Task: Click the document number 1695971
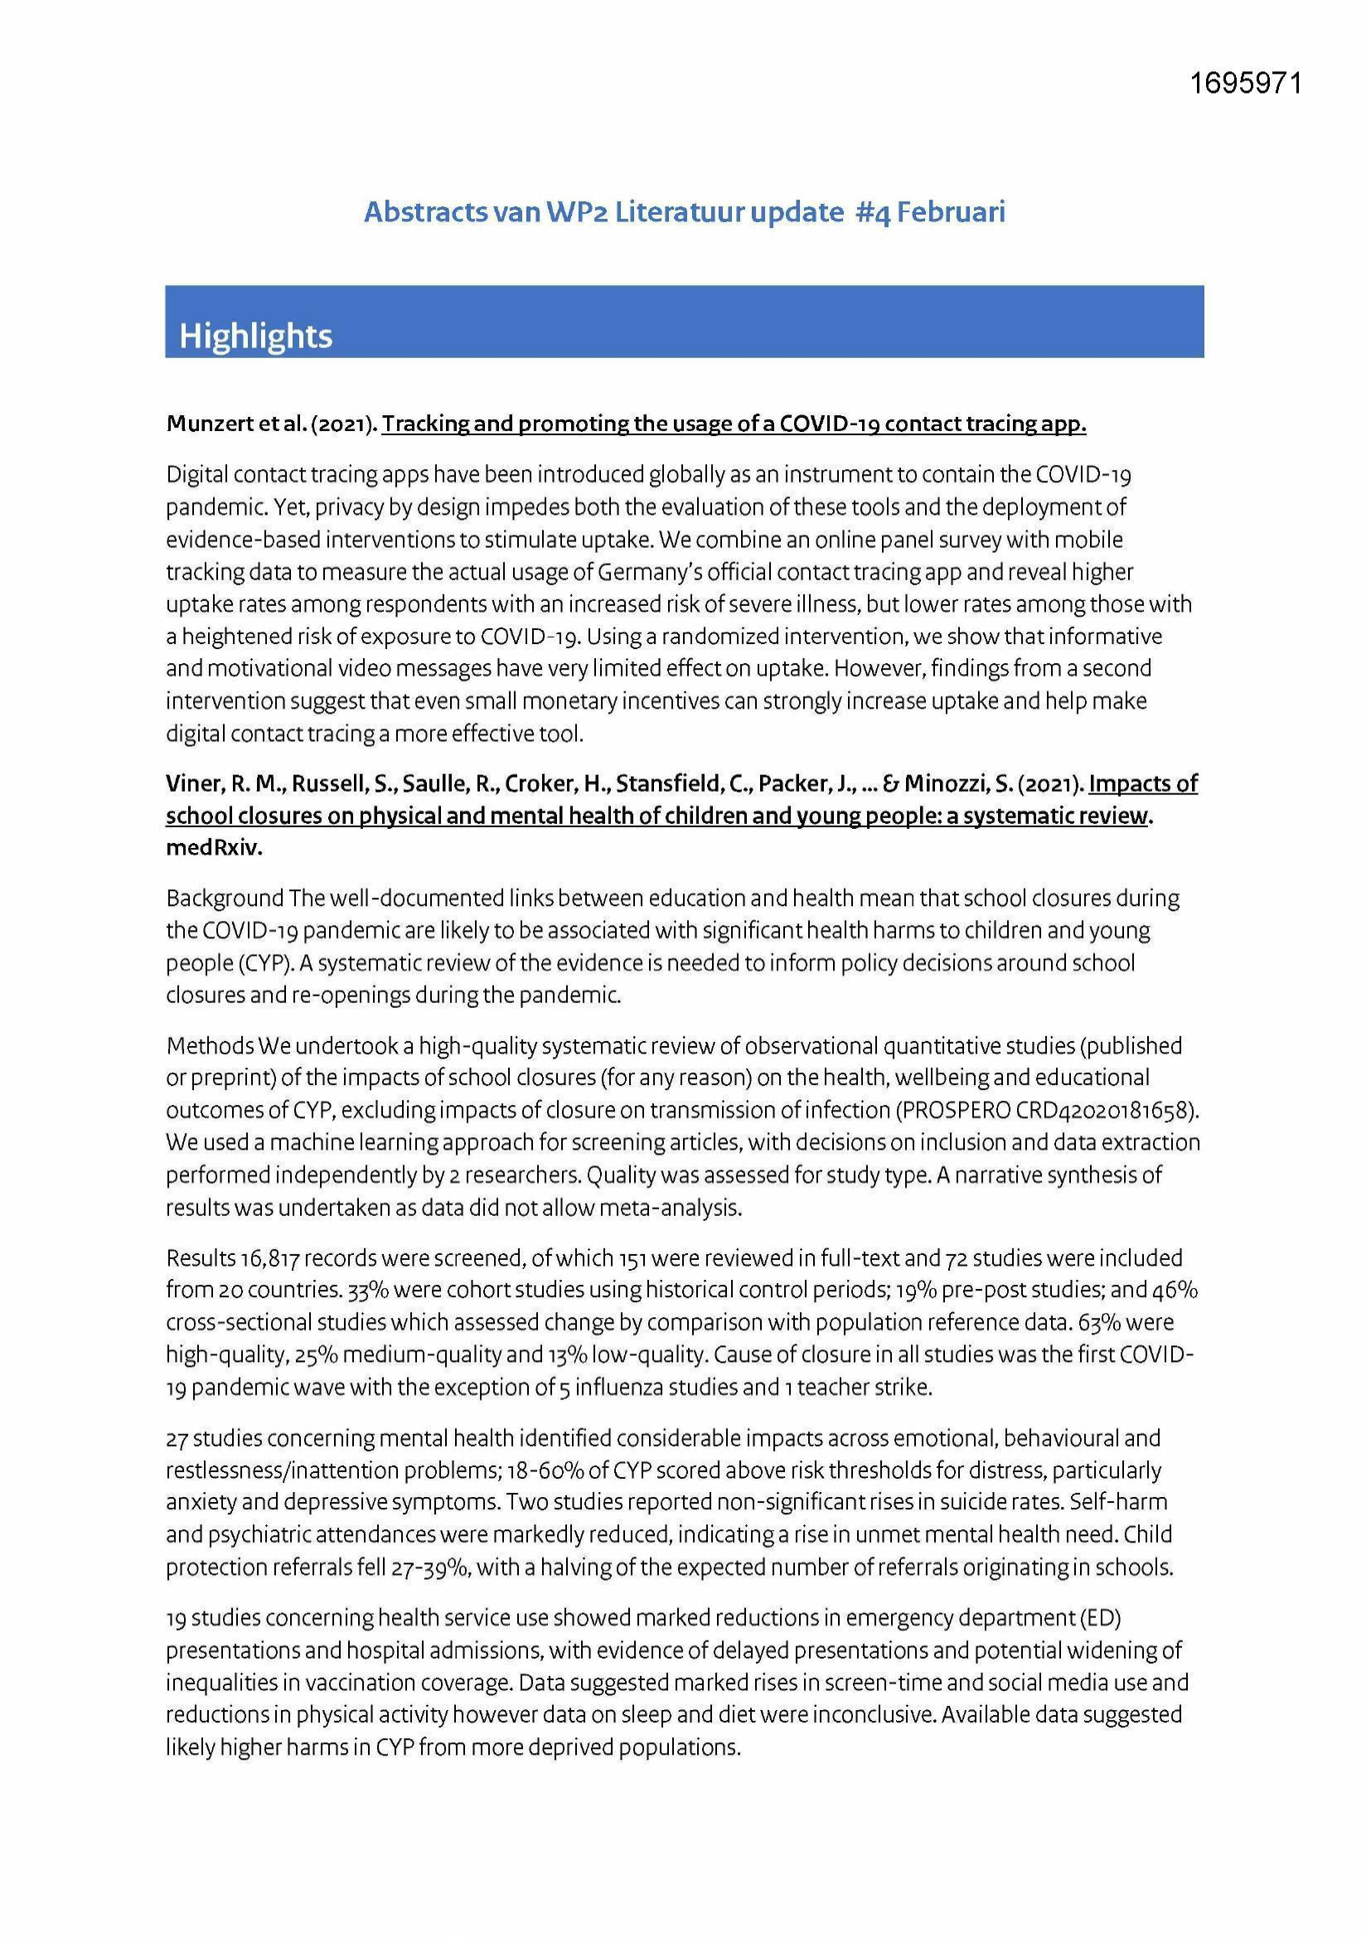pyautogui.click(x=1245, y=84)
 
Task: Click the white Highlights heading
pyautogui.click(x=256, y=336)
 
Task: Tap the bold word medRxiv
pyautogui.click(x=215, y=848)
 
